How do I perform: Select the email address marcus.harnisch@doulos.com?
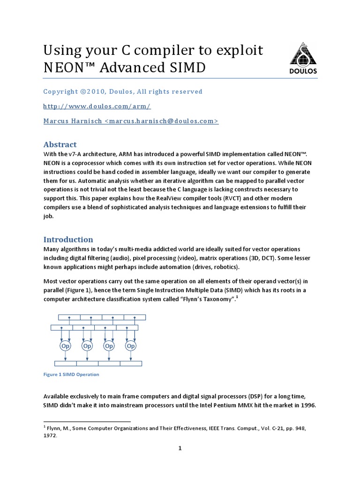(x=161, y=121)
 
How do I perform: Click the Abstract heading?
(x=60, y=144)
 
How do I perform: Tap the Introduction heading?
(x=68, y=239)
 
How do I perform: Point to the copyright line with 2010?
(x=123, y=91)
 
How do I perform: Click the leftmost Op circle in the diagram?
(x=65, y=345)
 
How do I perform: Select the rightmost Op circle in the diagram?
(x=131, y=345)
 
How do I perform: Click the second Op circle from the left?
(x=87, y=345)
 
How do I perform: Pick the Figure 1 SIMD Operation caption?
(x=71, y=375)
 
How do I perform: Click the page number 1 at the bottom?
(x=180, y=449)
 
